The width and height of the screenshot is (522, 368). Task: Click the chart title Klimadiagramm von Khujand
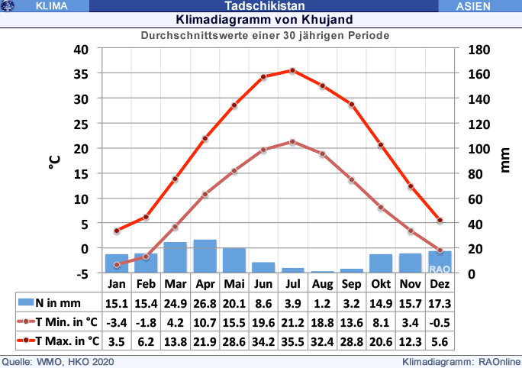click(264, 19)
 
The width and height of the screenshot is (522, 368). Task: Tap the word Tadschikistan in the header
click(262, 6)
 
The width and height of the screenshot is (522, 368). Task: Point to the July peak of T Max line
click(292, 70)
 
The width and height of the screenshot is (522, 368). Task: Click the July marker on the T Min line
click(292, 142)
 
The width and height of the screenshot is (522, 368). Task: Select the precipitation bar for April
click(205, 256)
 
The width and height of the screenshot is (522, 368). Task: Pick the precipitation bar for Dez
click(440, 262)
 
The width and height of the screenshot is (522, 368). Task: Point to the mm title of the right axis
click(504, 161)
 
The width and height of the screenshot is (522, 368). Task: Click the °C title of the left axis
click(55, 161)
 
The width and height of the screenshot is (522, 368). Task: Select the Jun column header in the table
click(263, 283)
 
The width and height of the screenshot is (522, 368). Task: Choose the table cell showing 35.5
click(292, 341)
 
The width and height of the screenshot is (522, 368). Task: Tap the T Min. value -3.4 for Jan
click(116, 321)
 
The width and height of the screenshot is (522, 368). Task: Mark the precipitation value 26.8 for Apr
click(205, 303)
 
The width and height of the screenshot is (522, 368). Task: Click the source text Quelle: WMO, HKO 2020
click(58, 361)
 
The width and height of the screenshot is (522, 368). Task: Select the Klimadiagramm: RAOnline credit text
click(462, 361)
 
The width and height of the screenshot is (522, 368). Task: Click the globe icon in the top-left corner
click(9, 6)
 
